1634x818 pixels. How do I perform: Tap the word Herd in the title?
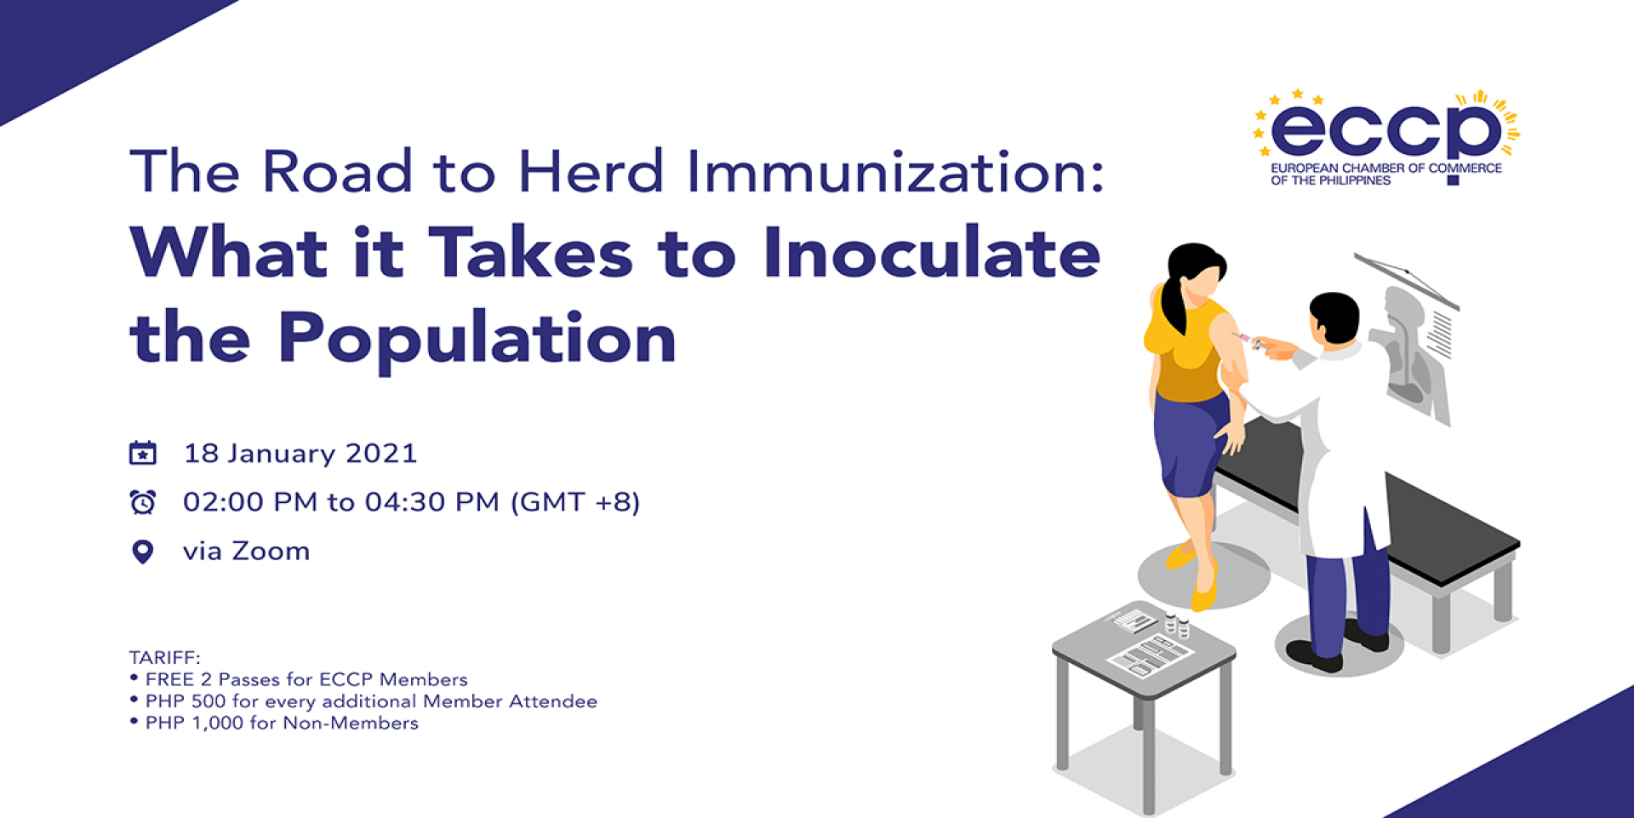591,171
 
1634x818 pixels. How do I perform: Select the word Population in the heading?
477,339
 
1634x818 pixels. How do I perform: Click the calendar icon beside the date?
143,453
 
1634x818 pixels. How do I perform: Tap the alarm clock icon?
143,502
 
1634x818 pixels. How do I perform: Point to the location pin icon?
143,552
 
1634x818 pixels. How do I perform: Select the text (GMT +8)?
575,502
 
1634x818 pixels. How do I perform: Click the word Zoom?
271,552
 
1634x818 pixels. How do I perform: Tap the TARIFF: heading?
165,657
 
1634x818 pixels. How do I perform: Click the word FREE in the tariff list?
170,679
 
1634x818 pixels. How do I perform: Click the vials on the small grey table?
1176,626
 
